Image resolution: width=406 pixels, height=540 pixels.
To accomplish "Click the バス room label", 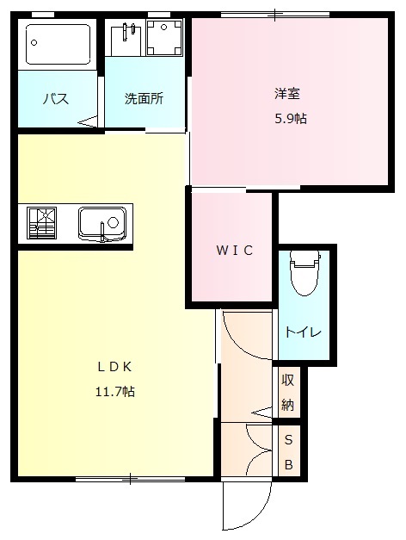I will point(56,99).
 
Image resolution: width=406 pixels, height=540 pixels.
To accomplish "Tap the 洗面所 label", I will point(144,98).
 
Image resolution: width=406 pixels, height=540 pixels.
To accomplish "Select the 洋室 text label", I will point(287,93).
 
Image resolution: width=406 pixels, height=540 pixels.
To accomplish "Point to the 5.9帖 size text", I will point(289,119).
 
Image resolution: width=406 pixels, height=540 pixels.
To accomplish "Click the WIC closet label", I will point(234,251).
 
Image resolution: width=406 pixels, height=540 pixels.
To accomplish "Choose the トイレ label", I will point(304,332).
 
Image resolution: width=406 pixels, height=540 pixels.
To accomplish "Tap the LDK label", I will point(114,365).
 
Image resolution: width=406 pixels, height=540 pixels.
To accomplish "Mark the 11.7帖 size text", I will point(114,391).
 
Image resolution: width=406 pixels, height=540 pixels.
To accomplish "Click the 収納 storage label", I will point(288,394).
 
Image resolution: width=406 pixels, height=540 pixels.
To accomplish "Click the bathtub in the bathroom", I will point(58,44).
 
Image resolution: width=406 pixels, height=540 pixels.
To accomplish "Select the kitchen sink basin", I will point(102,224).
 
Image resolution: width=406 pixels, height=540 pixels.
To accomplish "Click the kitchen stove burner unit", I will point(41,222).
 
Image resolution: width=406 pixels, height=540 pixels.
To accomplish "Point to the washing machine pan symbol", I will point(163,38).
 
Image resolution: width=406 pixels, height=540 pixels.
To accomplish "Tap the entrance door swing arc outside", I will point(245,508).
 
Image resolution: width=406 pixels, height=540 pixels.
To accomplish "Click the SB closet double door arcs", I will point(258,450).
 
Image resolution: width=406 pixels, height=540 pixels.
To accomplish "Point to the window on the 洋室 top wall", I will point(275,15).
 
